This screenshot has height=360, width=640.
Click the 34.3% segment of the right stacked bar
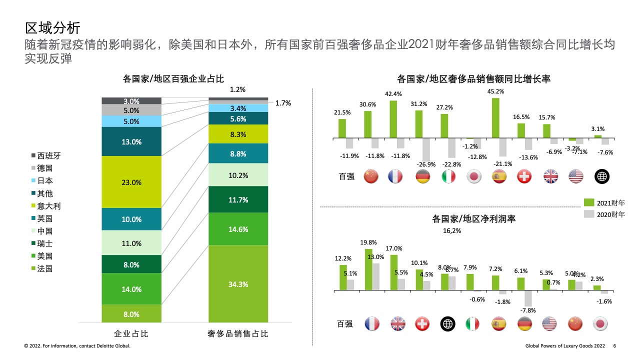tap(238, 283)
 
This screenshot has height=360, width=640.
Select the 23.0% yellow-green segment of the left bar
tap(131, 181)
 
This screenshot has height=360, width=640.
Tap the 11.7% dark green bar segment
tap(238, 199)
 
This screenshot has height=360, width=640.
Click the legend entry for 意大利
tap(46, 206)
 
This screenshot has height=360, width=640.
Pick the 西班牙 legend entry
tap(46, 155)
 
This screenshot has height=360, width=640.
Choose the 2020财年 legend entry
tap(604, 214)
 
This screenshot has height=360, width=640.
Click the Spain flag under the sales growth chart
tap(499, 176)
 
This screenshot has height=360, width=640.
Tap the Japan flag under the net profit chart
tap(600, 323)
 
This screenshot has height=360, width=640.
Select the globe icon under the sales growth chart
tap(601, 176)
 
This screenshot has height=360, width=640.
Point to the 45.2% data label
tap(495, 91)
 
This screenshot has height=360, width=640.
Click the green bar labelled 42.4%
tap(393, 119)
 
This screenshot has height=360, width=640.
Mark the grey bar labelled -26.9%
tap(426, 149)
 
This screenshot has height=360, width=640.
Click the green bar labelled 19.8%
tap(368, 269)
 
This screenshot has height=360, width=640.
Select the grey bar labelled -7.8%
tap(528, 298)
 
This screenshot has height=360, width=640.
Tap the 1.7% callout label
tap(283, 103)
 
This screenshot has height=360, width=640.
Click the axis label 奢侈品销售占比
tap(237, 333)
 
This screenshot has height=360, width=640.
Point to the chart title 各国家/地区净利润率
tap(473, 219)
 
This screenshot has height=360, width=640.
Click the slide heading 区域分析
tap(52, 28)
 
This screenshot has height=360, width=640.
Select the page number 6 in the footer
tap(614, 345)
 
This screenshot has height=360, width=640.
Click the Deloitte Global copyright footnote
tap(77, 345)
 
